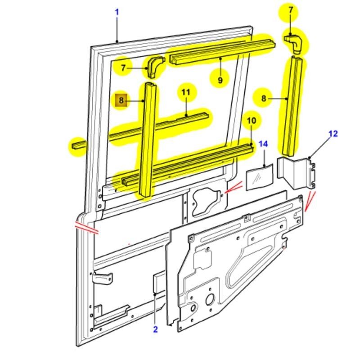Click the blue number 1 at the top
coord(117,12)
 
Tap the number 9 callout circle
coord(220,80)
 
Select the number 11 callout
coord(186,93)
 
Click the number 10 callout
coord(251,121)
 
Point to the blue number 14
coord(263,144)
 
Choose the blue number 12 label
coord(333,134)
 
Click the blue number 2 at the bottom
coord(155,329)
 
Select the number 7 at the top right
coord(291,10)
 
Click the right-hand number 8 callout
coord(264,98)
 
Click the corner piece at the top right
coord(294,44)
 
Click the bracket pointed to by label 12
coord(297,173)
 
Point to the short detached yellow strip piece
coord(77,145)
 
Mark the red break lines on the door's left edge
coord(87,227)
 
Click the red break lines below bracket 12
coord(310,201)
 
